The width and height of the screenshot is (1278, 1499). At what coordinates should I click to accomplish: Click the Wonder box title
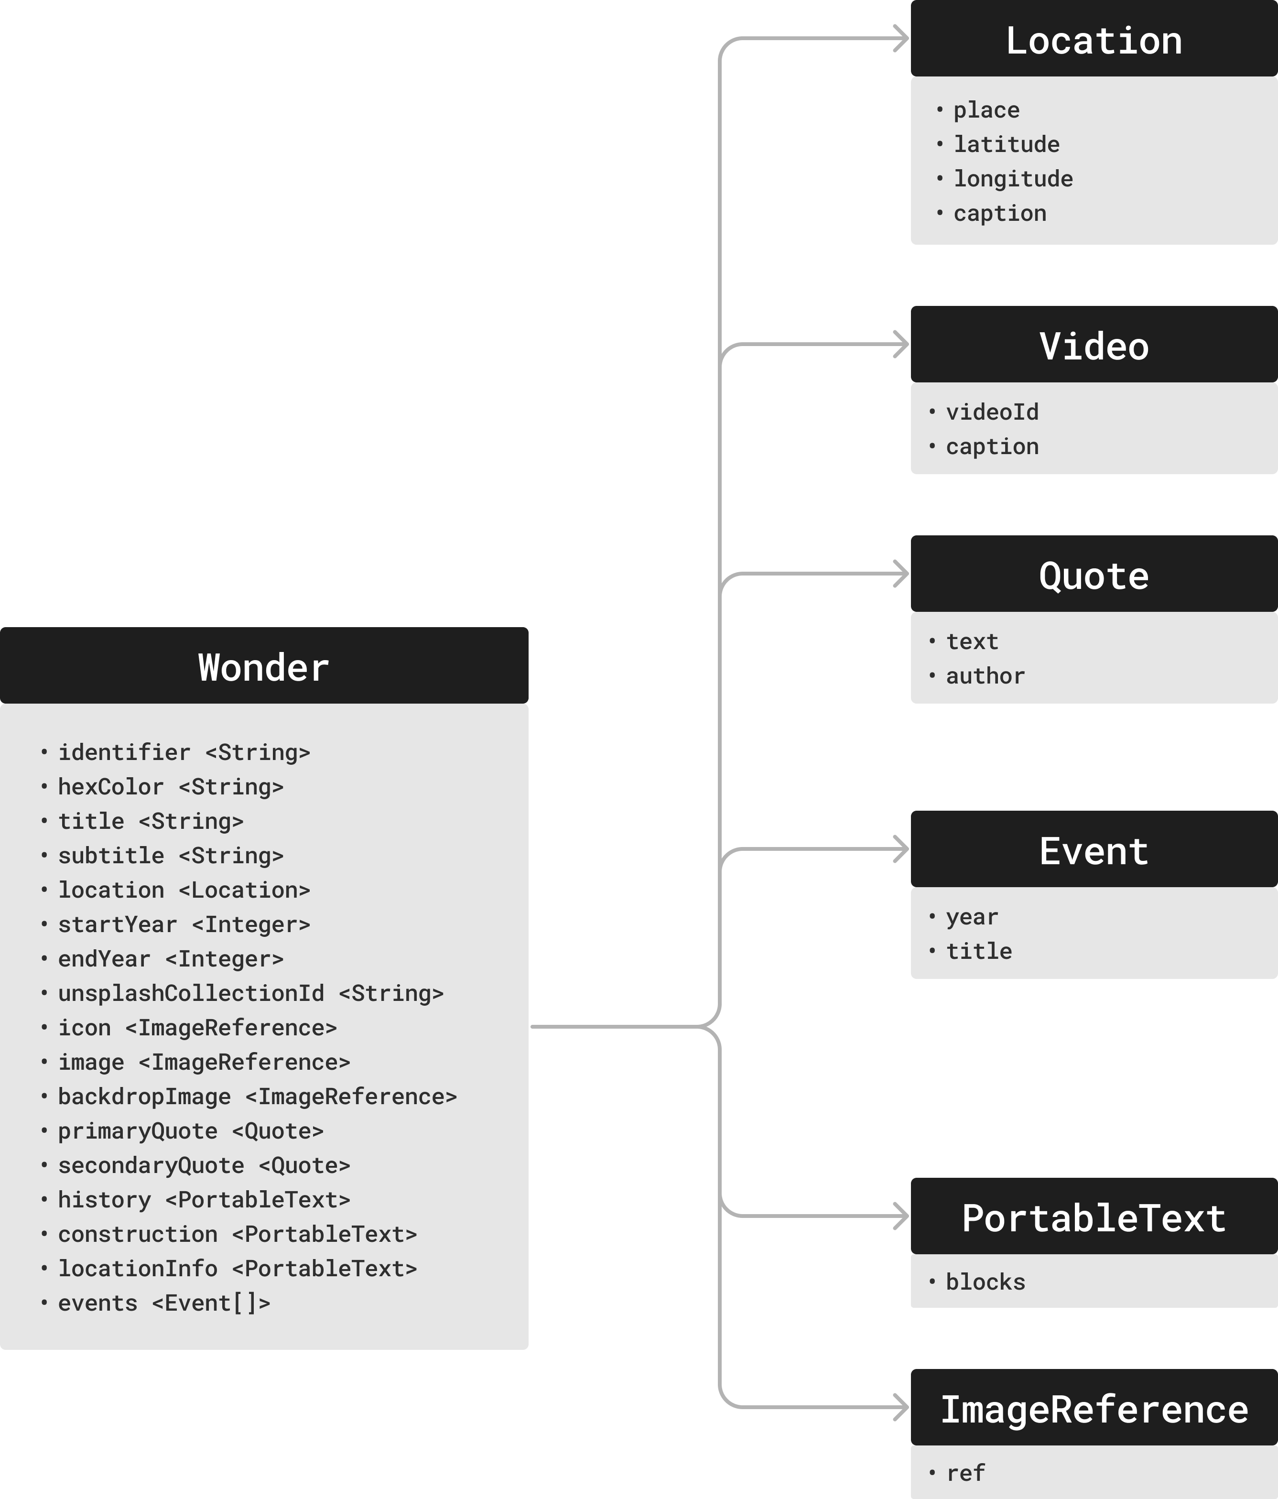[x=263, y=667]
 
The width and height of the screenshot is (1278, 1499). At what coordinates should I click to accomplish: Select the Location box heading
[x=1094, y=41]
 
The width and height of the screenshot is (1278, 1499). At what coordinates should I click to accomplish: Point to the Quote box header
[x=1094, y=576]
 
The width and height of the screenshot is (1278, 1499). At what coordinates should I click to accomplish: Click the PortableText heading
[x=1094, y=1218]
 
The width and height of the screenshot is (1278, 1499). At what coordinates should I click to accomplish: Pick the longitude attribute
[x=1013, y=179]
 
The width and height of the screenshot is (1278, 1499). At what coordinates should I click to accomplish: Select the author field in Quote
[x=985, y=676]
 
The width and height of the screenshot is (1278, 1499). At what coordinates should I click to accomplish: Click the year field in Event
[x=971, y=917]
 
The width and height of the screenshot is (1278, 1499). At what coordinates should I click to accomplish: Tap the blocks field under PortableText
[x=985, y=1282]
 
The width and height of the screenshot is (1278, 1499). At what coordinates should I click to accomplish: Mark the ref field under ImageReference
[x=965, y=1474]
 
